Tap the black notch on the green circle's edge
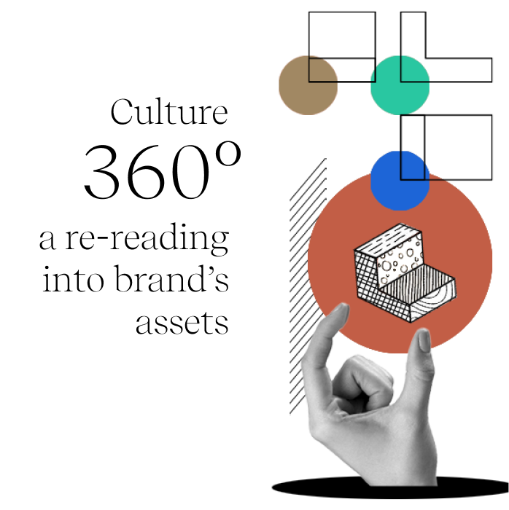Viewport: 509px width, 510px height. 373,75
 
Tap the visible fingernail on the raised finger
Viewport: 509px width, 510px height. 424,340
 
